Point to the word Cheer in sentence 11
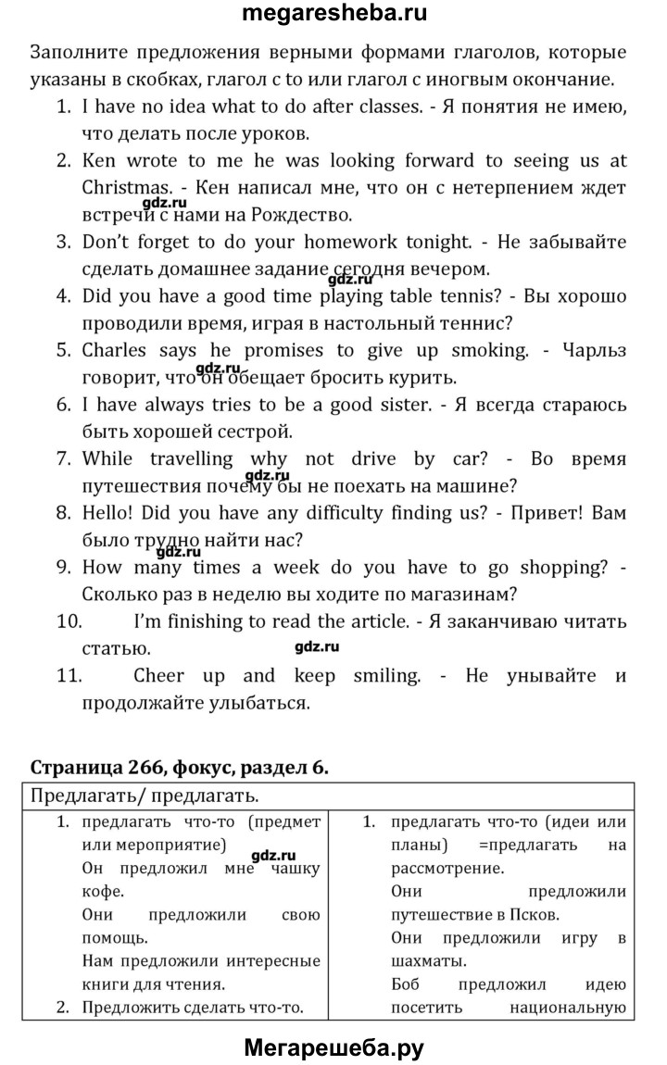pyautogui.click(x=158, y=676)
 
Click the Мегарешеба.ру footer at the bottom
pyautogui.click(x=333, y=1047)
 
